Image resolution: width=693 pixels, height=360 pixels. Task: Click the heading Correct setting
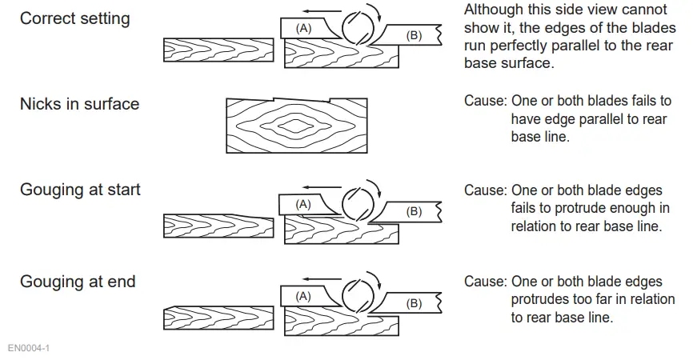click(74, 18)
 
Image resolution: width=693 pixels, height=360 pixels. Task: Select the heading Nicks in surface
click(79, 104)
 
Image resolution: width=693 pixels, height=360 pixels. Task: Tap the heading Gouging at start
click(80, 190)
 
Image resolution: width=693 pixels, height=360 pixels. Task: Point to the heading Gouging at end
click(78, 282)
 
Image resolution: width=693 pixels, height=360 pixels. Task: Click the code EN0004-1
click(29, 349)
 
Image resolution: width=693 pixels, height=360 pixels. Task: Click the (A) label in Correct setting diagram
click(303, 28)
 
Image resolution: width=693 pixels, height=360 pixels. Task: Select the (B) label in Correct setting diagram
click(414, 35)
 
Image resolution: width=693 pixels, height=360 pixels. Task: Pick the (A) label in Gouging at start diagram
click(303, 205)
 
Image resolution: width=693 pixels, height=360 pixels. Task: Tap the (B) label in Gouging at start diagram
click(414, 212)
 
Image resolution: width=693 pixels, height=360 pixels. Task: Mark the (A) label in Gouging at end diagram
click(303, 296)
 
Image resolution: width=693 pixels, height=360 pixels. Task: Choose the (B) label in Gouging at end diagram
click(414, 303)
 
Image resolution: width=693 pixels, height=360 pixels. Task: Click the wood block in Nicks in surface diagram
click(297, 126)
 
